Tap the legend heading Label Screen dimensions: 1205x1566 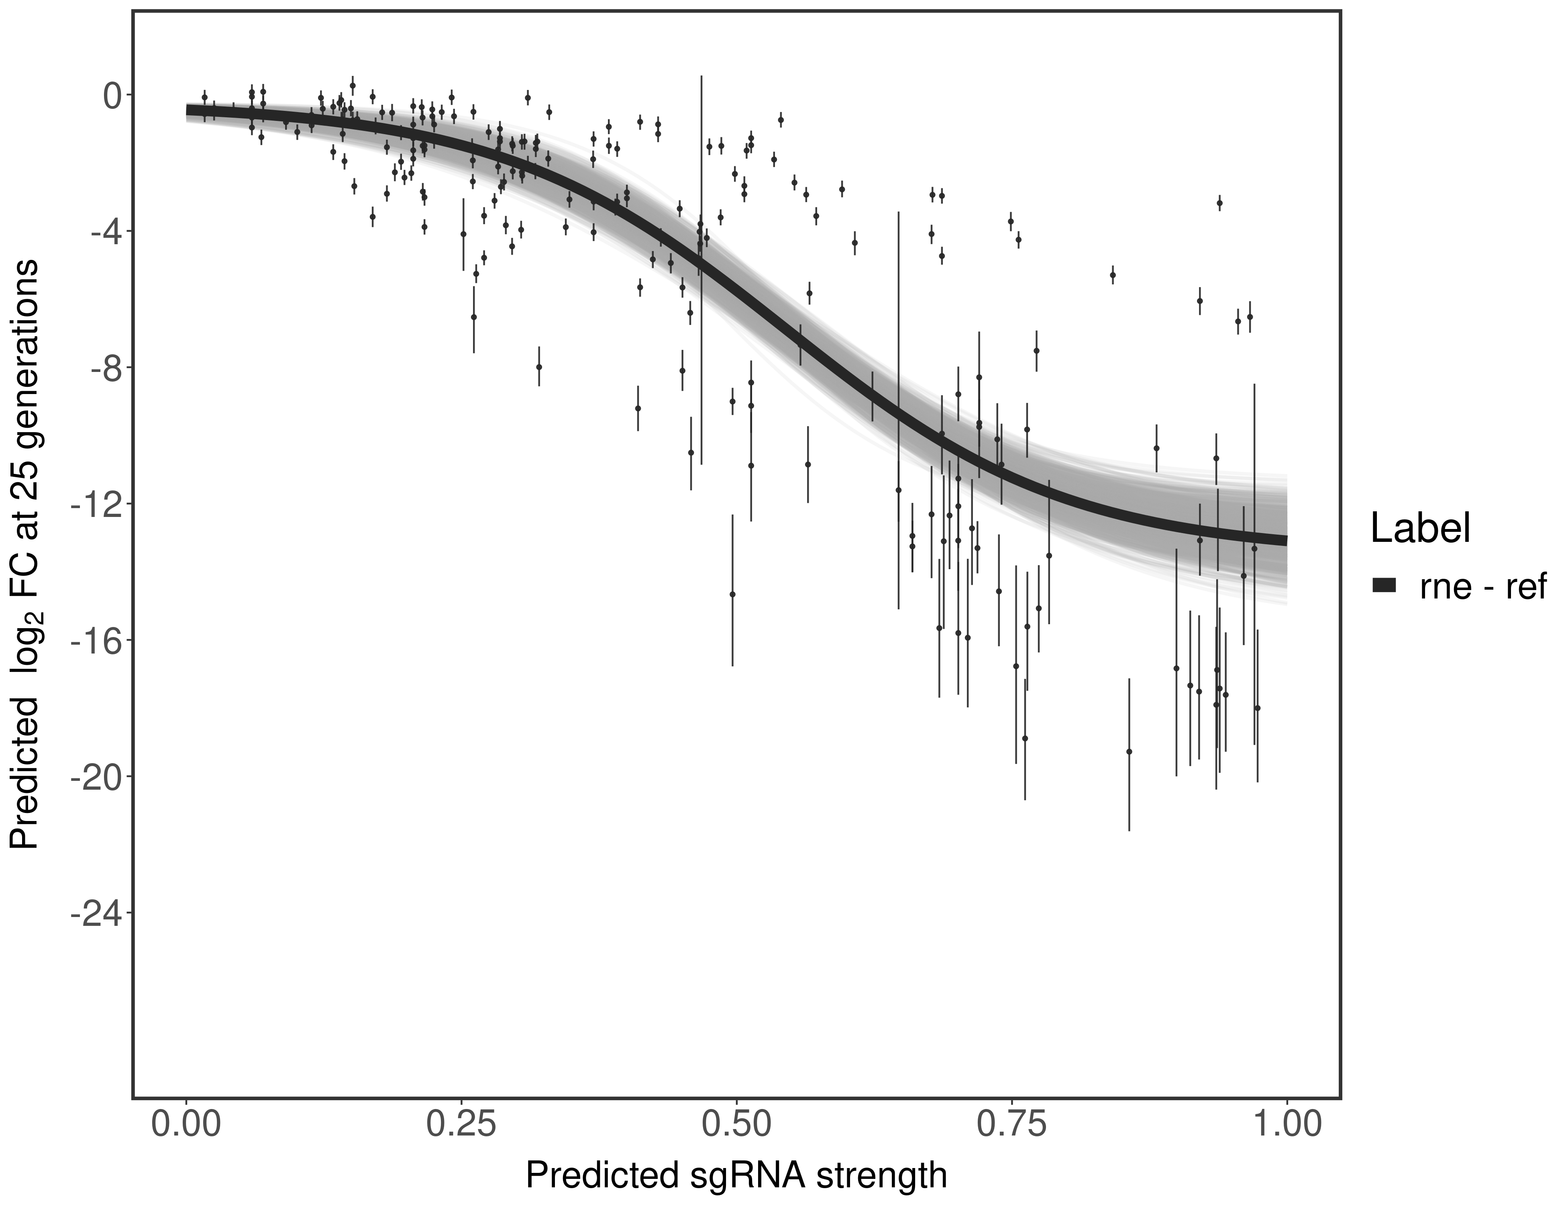(1421, 529)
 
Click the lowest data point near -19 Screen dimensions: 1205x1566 (1129, 752)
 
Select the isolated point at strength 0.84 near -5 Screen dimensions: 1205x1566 (1112, 275)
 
